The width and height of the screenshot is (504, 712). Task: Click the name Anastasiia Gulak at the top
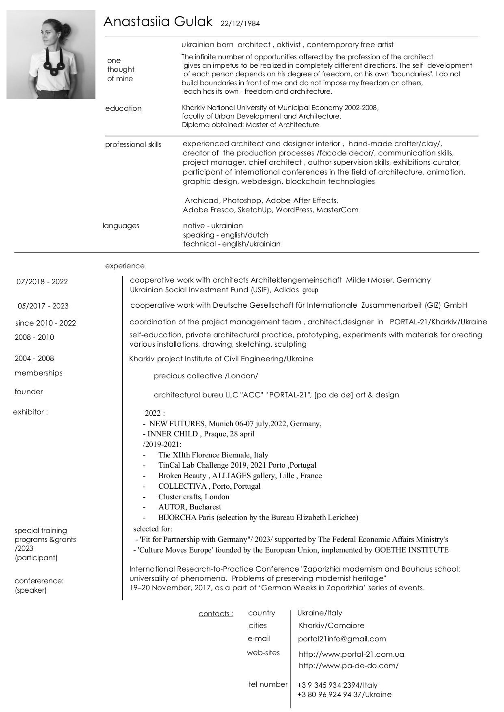158,22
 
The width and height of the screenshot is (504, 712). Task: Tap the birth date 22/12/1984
240,24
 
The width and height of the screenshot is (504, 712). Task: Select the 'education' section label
123,108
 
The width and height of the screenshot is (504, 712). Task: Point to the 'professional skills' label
133,145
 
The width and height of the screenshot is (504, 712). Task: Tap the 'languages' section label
121,226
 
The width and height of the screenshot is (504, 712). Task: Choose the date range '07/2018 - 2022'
42,282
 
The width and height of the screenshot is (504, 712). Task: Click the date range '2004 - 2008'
34,358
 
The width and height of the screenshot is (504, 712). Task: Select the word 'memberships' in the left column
39,373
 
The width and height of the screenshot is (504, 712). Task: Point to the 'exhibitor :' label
30,412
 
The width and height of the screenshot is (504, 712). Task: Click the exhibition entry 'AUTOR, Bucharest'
190,507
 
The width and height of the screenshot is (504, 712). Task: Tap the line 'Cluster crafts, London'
194,497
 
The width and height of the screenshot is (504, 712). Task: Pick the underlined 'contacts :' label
216,614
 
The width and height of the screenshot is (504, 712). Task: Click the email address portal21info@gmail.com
342,639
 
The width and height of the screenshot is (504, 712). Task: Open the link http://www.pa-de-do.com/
348,666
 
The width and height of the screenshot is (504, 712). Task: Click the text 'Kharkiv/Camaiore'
331,626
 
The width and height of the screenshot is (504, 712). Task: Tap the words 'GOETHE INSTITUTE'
411,550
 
